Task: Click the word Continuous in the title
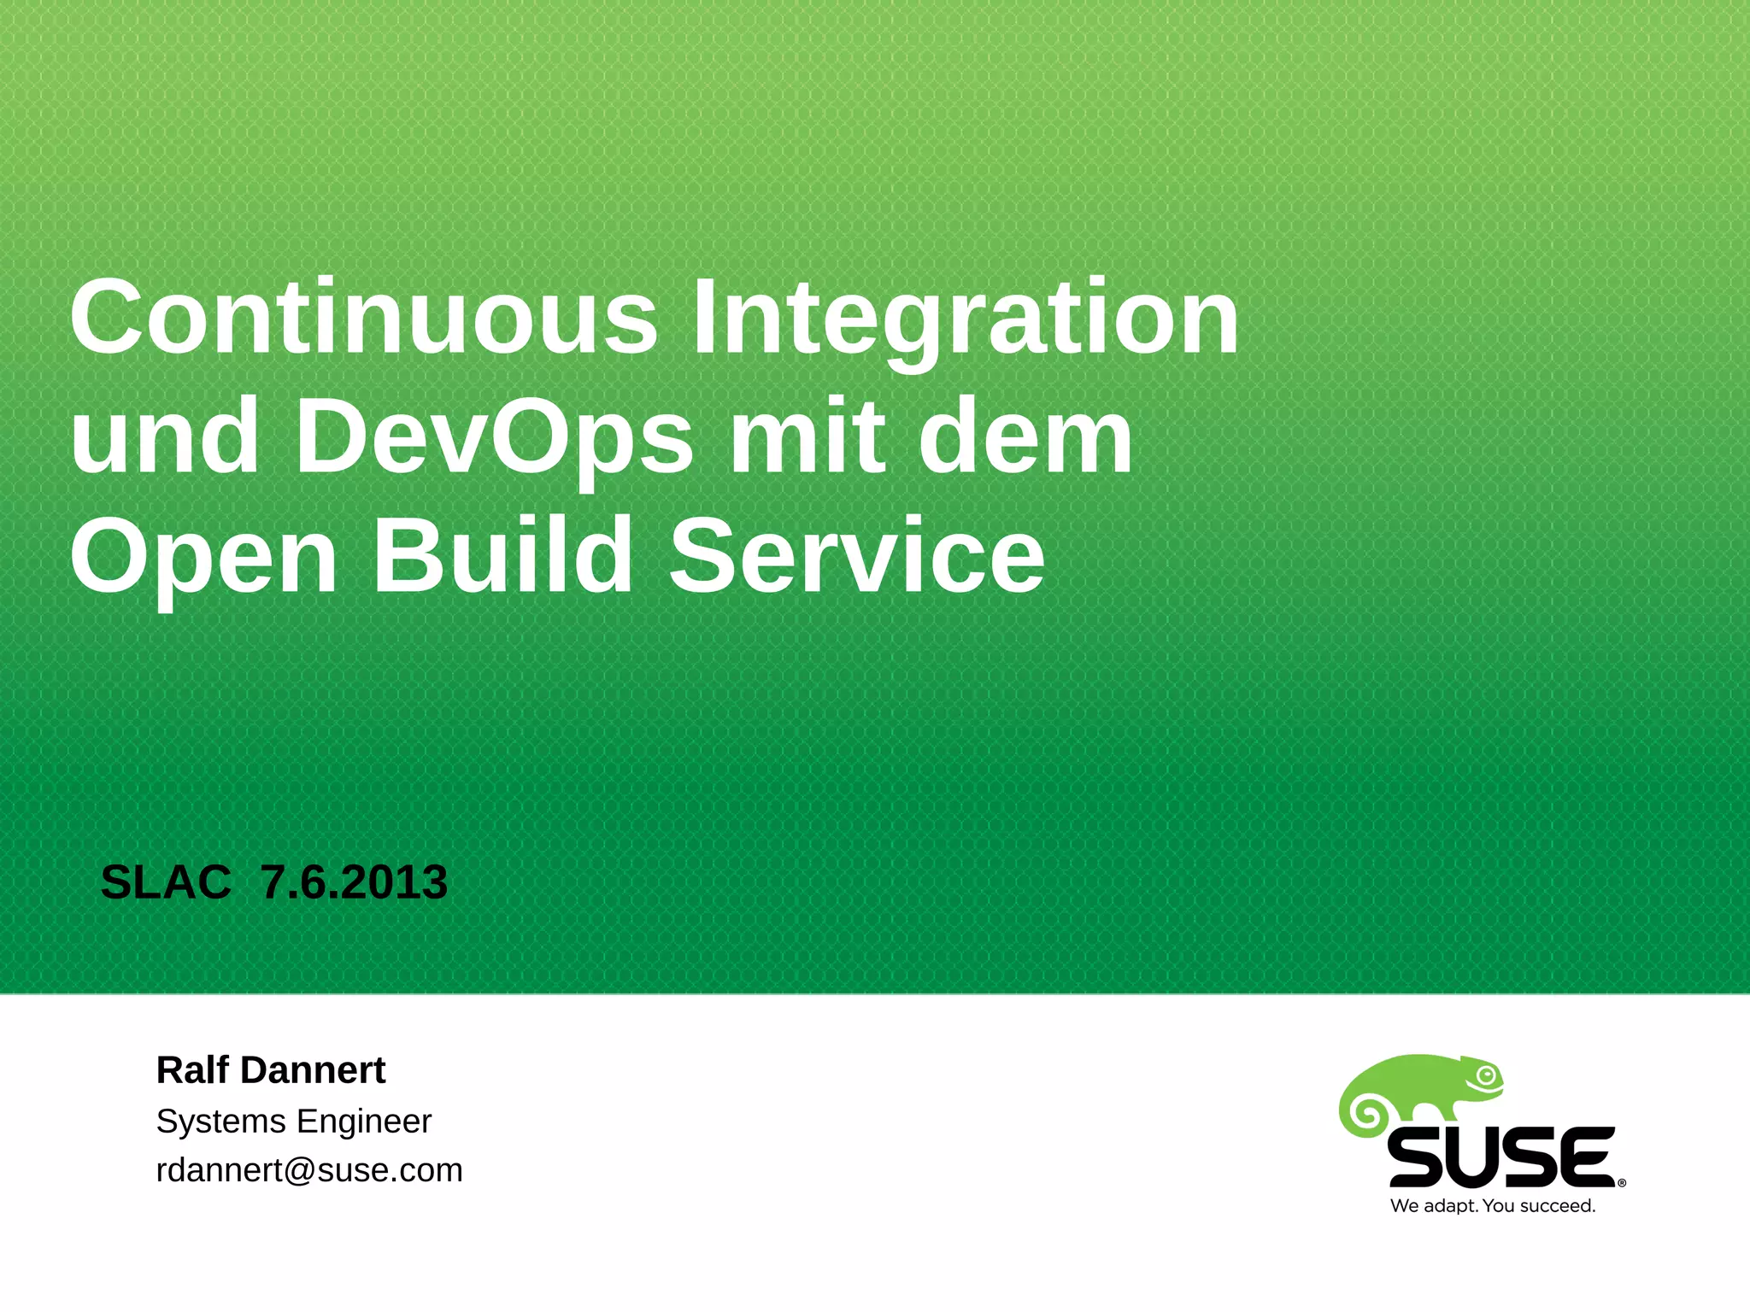click(363, 318)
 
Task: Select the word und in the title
click(164, 437)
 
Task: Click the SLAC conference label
click(166, 882)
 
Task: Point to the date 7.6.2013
click(354, 882)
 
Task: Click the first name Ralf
click(192, 1069)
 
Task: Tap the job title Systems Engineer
click(293, 1121)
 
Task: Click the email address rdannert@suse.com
click(308, 1170)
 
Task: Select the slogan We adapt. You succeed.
click(1493, 1206)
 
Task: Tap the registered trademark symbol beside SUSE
click(1622, 1183)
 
